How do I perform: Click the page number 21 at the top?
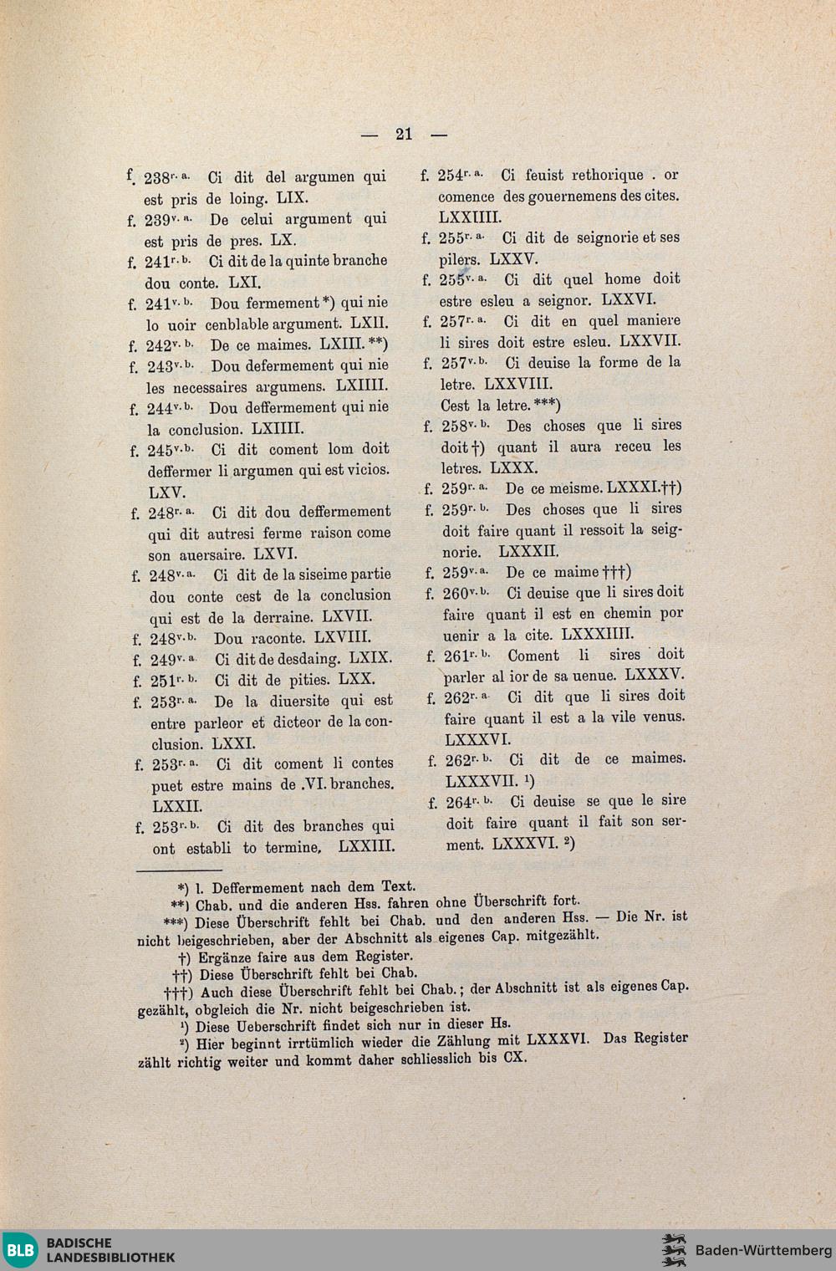[404, 134]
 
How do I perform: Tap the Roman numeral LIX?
[293, 198]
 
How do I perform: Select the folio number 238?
[157, 178]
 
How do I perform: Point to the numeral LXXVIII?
[518, 384]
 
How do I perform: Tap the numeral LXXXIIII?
[598, 634]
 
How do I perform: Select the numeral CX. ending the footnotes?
[515, 1058]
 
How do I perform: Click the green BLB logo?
[20, 1250]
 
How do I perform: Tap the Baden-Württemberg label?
[763, 1250]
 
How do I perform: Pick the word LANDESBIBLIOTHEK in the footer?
[111, 1258]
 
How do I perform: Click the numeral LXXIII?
[367, 846]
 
